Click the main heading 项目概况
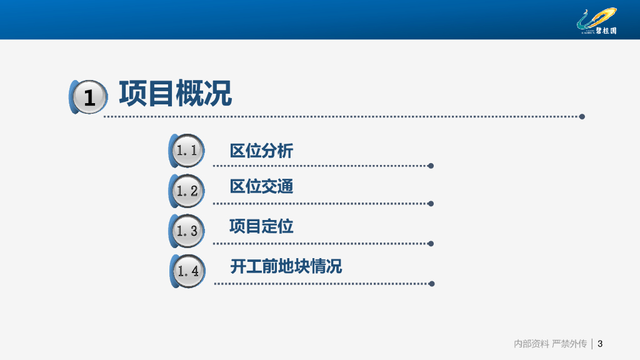pyautogui.click(x=176, y=94)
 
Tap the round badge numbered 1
pyautogui.click(x=89, y=97)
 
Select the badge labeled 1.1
pyautogui.click(x=186, y=151)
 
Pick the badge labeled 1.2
pyautogui.click(x=186, y=191)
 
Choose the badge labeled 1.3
pyautogui.click(x=186, y=231)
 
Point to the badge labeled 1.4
pyautogui.click(x=187, y=271)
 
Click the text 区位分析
pyautogui.click(x=261, y=151)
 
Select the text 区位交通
pyautogui.click(x=261, y=186)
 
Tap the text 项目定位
pyautogui.click(x=261, y=226)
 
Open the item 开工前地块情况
pyautogui.click(x=286, y=266)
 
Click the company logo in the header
pyautogui.click(x=597, y=21)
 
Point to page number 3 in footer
pyautogui.click(x=600, y=344)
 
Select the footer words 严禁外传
pyautogui.click(x=569, y=344)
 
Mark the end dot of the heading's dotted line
pyautogui.click(x=582, y=117)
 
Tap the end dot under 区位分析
pyautogui.click(x=431, y=166)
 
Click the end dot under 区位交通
pyautogui.click(x=431, y=204)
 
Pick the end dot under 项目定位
pyautogui.click(x=431, y=244)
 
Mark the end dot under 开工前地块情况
pyautogui.click(x=431, y=284)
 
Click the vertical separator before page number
pyautogui.click(x=592, y=344)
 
